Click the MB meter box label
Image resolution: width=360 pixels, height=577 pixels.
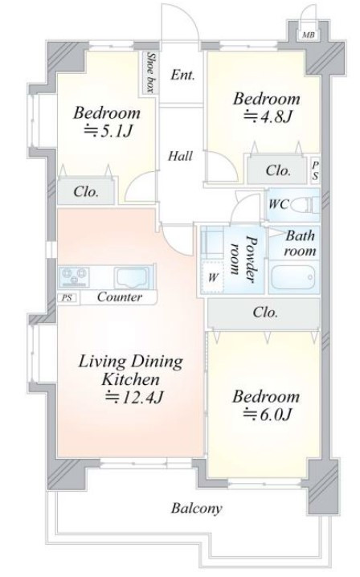coord(308,35)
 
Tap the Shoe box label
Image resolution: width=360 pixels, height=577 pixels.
coord(149,72)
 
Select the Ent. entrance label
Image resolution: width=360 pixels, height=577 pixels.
coord(182,75)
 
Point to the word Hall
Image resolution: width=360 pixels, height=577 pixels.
coord(180,156)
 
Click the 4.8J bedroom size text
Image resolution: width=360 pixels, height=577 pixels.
coord(268,117)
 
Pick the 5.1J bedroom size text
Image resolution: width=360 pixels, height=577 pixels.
coord(108,131)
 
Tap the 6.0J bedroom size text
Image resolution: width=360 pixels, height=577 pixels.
coord(268,415)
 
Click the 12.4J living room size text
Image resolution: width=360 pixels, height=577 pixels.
coord(133,397)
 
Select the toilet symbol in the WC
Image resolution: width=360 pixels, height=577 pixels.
coord(305,204)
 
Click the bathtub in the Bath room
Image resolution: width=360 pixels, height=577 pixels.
coord(293,277)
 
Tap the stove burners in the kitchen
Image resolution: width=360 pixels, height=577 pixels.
coord(75,277)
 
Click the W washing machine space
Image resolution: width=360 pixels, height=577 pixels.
coord(212,276)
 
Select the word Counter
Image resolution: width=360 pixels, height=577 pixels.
coord(120,297)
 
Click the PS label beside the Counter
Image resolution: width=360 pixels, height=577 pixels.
coord(67,297)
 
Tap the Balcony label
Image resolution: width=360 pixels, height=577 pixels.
coord(197,509)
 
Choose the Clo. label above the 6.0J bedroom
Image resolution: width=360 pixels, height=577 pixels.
coord(265,313)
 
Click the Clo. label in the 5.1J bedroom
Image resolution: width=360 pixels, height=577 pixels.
coord(86,192)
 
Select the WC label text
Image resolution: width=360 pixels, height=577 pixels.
coord(278,204)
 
